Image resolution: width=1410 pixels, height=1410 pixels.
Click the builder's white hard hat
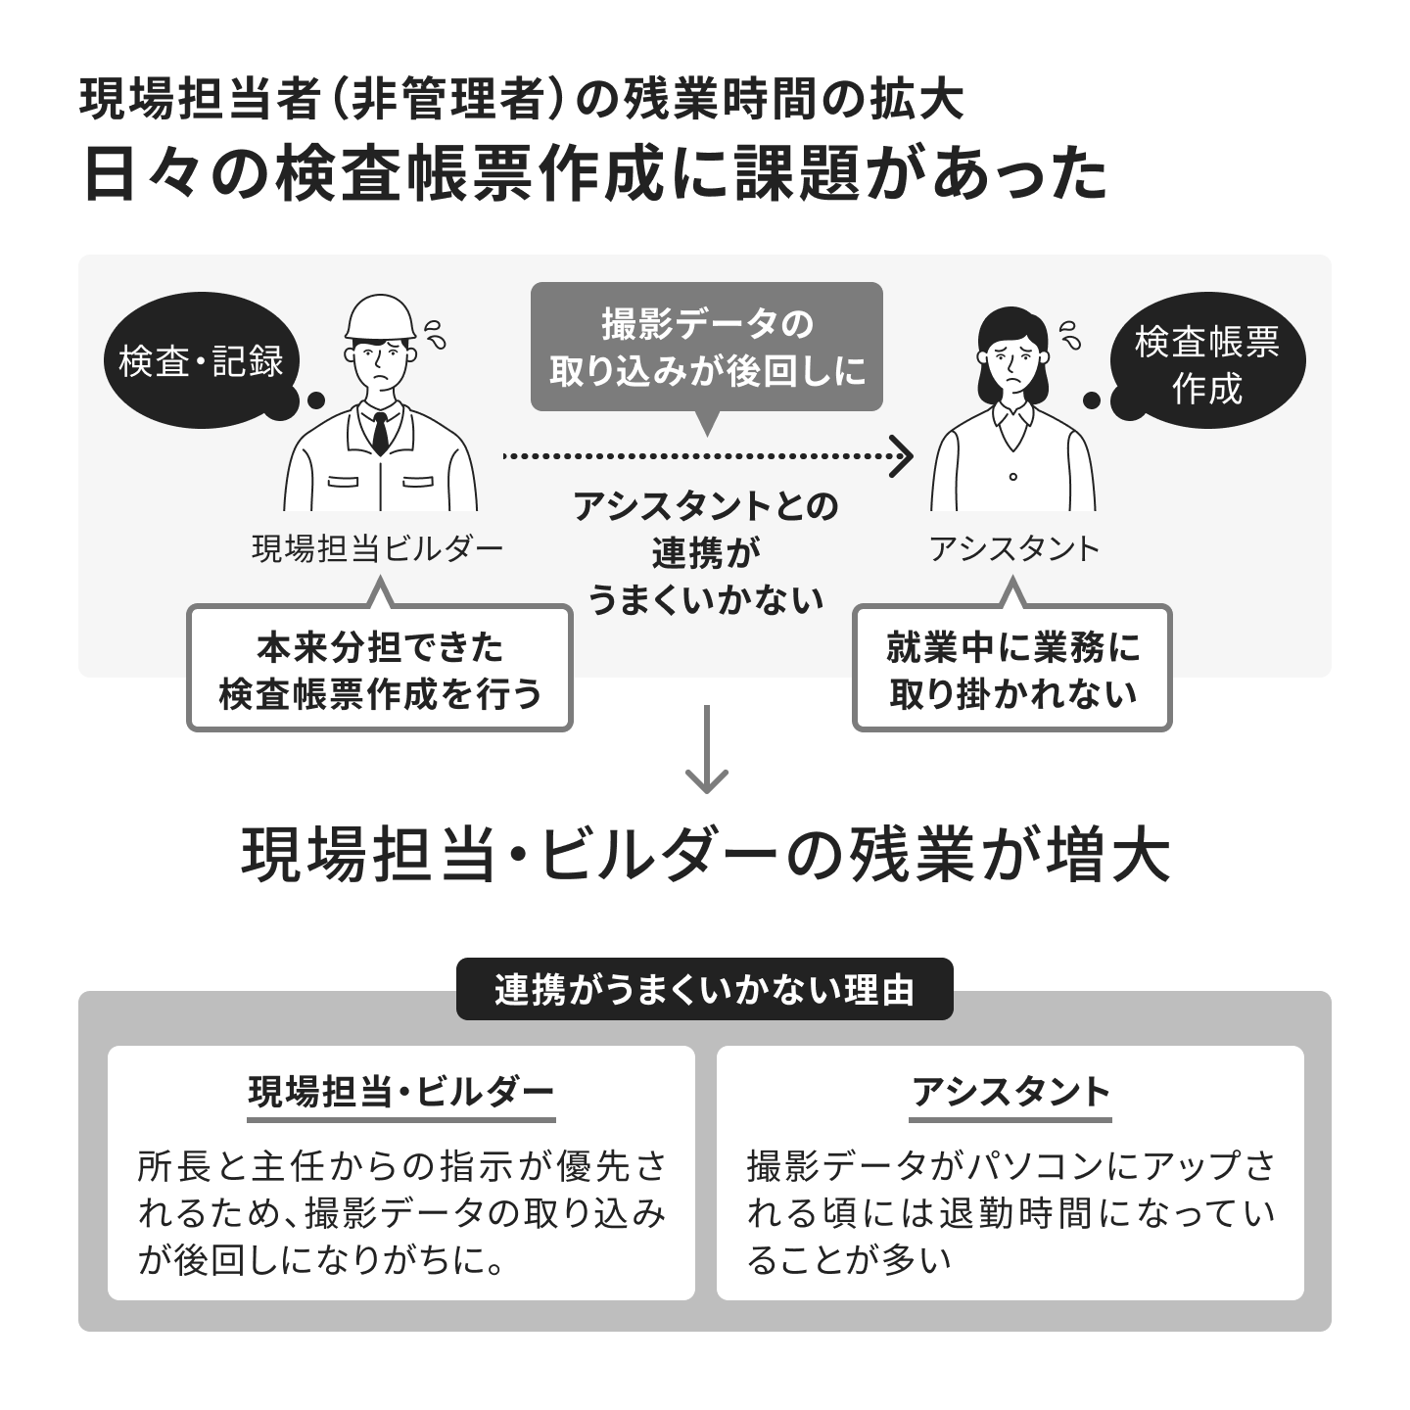click(381, 318)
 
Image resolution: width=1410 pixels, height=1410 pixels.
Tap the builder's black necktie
click(380, 434)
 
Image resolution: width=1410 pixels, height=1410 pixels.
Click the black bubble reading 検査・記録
click(202, 360)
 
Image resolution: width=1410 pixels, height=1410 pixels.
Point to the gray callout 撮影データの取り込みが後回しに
click(707, 347)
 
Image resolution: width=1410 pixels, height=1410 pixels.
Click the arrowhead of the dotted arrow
click(902, 456)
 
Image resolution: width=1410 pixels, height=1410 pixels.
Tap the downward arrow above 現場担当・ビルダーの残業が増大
click(707, 749)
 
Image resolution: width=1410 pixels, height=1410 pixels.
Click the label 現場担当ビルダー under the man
click(378, 548)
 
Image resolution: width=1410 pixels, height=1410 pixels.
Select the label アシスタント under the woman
click(1014, 548)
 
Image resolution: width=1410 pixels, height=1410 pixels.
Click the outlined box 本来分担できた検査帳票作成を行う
click(380, 668)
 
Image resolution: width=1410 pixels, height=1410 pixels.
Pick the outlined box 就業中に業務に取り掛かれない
click(1012, 668)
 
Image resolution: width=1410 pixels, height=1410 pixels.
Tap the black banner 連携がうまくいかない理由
click(705, 989)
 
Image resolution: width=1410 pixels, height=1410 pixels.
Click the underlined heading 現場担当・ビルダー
click(401, 1093)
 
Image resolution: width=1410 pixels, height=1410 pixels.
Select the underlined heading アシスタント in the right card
click(1010, 1093)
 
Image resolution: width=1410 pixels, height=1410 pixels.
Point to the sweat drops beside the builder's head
click(435, 334)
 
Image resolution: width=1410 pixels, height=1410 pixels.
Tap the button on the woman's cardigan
click(1012, 477)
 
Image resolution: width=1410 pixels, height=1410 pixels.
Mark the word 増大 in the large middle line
click(1107, 855)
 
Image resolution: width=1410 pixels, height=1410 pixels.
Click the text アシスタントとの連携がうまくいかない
click(706, 553)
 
